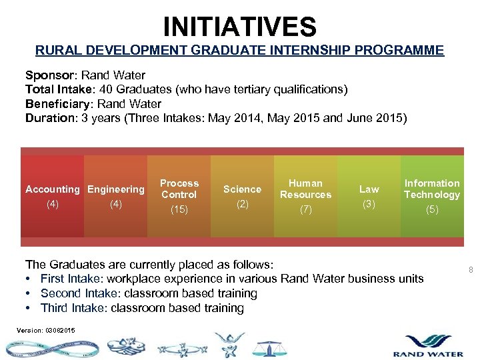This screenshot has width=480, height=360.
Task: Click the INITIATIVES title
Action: [240, 27]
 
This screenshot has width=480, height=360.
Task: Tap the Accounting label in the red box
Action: [52, 189]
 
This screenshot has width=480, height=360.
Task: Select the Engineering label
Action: [116, 189]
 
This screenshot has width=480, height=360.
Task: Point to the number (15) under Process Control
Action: [179, 209]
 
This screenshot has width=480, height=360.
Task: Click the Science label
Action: [242, 189]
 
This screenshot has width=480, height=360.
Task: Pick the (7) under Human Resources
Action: [305, 209]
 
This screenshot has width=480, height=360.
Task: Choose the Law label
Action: [369, 189]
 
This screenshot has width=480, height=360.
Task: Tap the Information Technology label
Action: [432, 189]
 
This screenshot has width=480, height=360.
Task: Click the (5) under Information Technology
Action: [432, 209]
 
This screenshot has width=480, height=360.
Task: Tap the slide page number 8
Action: [471, 270]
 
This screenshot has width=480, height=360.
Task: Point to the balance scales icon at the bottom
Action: [269, 348]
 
